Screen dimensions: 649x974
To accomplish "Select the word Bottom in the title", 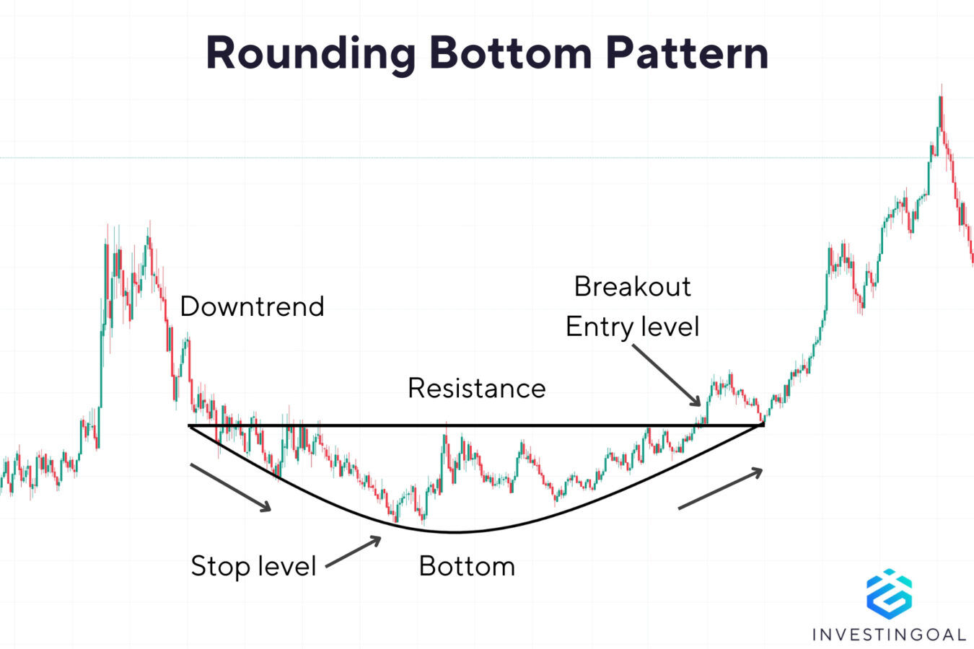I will (x=511, y=53).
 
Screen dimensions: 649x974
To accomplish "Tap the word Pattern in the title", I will (x=687, y=53).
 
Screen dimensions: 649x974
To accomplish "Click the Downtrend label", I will (x=252, y=306).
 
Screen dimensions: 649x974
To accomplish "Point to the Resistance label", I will (x=476, y=388).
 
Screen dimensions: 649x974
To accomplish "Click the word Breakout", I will (x=632, y=287).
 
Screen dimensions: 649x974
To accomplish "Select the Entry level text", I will (x=632, y=327).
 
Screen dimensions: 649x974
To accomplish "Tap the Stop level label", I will (x=253, y=566).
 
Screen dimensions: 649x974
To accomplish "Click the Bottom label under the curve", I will (x=467, y=566).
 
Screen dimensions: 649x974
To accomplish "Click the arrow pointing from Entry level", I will (x=667, y=375).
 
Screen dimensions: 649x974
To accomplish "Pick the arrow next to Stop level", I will (x=354, y=552).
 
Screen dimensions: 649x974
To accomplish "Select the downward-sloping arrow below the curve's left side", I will (x=230, y=487).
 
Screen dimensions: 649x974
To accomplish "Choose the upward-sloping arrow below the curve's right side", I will (x=720, y=489).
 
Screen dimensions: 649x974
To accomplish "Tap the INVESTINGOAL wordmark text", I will (x=889, y=635).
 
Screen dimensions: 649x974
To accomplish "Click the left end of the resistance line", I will (x=190, y=425).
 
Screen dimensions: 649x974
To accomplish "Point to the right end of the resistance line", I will (x=763, y=425).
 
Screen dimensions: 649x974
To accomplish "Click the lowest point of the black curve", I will (x=455, y=532).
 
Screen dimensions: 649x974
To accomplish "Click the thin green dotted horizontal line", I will (x=433, y=157).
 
